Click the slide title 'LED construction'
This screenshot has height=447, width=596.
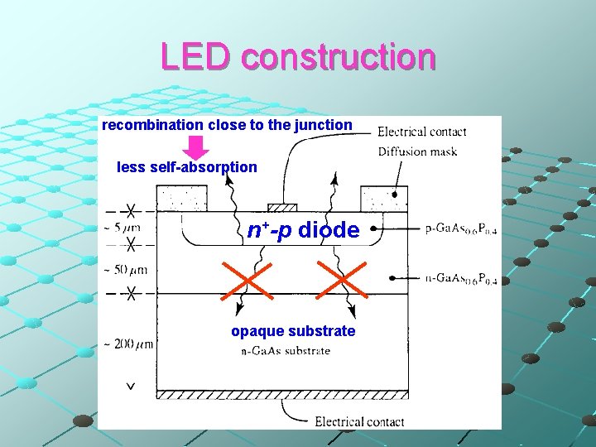tap(298, 56)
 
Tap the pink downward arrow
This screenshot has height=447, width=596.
tap(195, 147)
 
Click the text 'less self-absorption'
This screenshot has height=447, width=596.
tap(187, 167)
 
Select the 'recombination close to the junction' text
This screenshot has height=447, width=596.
tap(227, 125)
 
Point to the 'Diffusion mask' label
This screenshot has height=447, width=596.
tap(417, 151)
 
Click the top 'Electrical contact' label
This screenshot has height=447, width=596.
tap(421, 132)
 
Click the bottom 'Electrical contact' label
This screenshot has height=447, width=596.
tap(359, 421)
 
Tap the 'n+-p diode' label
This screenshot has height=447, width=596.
tap(303, 230)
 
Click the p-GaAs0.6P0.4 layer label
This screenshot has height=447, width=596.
tap(461, 229)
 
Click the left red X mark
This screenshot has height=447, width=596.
tap(247, 281)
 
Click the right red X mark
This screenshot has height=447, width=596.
tap(343, 281)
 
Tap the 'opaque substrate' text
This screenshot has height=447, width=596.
tap(293, 331)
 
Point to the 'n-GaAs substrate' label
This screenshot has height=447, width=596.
tap(285, 351)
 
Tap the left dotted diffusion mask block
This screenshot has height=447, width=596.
tap(183, 199)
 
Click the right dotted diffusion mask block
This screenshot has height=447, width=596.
tap(384, 199)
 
